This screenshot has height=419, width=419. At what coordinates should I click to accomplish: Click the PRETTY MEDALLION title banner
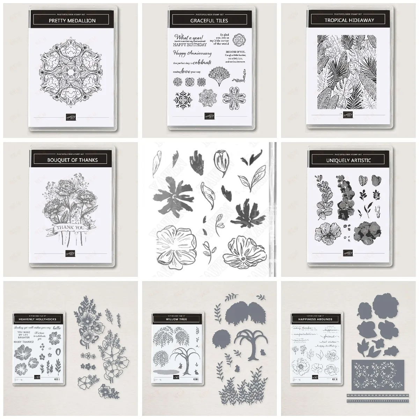[72, 21]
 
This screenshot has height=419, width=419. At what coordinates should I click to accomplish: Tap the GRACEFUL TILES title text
[209, 21]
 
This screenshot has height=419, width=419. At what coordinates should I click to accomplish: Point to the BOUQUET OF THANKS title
[72, 160]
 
